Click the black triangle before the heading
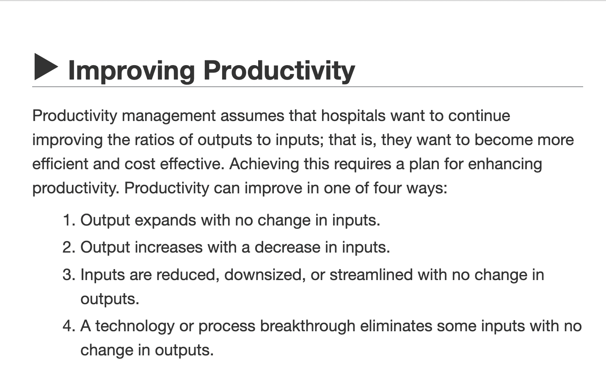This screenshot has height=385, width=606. point(46,67)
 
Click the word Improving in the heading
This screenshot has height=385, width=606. point(132,70)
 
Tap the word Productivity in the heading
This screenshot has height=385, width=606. point(279,70)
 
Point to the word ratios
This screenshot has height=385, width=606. point(154,140)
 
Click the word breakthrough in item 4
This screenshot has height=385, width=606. point(308,326)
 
